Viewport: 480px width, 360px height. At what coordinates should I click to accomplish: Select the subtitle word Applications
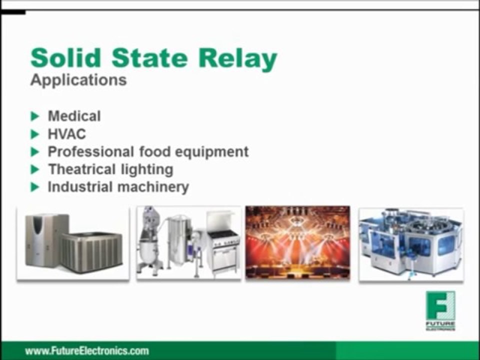pos(78,80)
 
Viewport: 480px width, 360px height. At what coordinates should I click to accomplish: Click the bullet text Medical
pos(74,116)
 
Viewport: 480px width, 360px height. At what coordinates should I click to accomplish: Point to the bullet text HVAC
pos(66,134)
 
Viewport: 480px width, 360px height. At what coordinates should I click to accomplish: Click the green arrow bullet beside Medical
pos(35,116)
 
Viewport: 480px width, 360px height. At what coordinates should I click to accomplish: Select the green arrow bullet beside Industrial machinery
pos(35,187)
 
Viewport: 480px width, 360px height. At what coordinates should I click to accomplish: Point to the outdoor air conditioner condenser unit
pos(91,252)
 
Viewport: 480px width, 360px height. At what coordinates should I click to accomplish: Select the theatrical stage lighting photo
pos(297,242)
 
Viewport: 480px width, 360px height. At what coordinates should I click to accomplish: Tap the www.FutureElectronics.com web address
pos(87,350)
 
